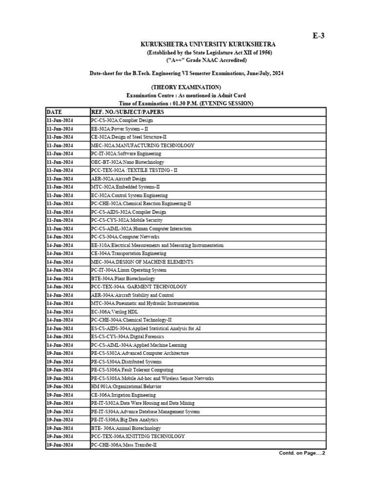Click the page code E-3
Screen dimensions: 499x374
coord(318,36)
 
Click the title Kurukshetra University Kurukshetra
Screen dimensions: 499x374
coord(208,44)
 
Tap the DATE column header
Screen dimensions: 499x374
coord(55,112)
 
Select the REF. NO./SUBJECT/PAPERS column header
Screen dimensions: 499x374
coord(128,112)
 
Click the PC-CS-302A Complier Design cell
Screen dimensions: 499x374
coord(122,120)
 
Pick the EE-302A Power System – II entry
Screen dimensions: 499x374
coord(119,129)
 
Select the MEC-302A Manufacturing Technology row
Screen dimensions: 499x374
coord(143,145)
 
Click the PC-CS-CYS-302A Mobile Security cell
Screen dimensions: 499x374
coord(127,220)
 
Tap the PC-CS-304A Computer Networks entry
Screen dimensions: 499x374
coord(125,237)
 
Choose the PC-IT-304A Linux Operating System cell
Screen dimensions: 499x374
coord(129,270)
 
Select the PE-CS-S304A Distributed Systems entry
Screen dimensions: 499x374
coord(126,362)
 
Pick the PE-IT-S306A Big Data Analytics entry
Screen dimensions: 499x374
coord(124,420)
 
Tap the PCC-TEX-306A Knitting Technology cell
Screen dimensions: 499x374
coord(138,437)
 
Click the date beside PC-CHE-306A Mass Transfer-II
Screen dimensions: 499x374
coord(59,445)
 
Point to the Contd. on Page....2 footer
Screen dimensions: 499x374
coord(301,453)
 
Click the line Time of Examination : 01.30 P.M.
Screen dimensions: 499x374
coord(186,104)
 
